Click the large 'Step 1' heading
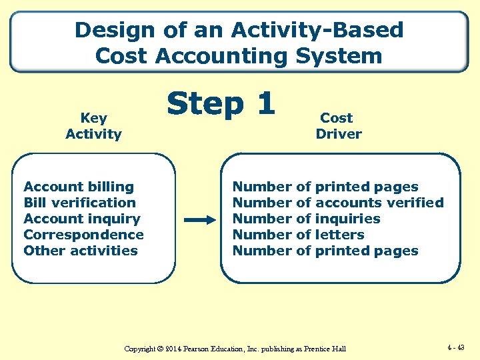point(221,103)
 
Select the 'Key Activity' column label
point(93,126)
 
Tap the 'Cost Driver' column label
point(338,126)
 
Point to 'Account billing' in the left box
point(79,187)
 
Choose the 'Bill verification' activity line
point(79,203)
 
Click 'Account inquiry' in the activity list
point(82,219)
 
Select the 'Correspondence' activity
point(83,235)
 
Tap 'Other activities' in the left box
point(81,251)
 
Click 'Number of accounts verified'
point(337,203)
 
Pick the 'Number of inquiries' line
point(306,219)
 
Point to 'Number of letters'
point(298,235)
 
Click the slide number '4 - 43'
point(457,347)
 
